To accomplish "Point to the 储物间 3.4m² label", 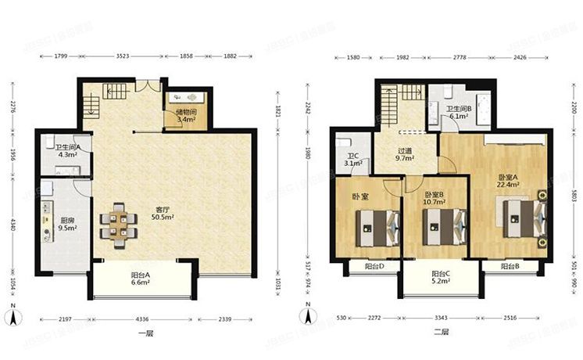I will [x=185, y=117].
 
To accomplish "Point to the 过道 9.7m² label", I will [x=404, y=153].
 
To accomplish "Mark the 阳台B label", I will [x=510, y=267].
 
